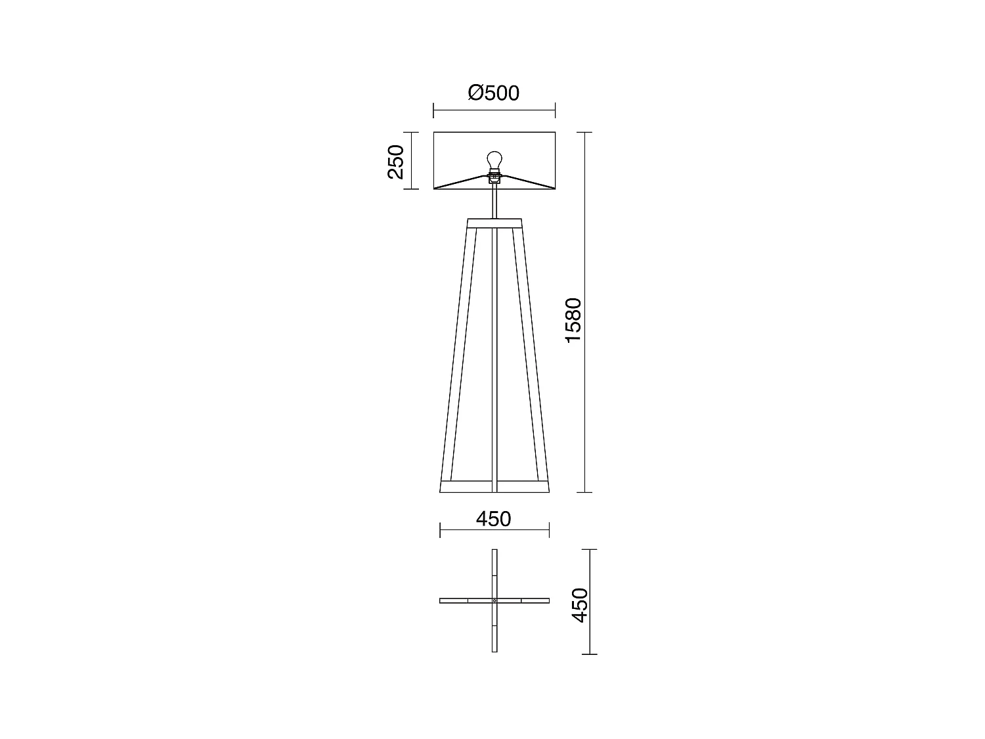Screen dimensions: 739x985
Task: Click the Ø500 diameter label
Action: [x=494, y=93]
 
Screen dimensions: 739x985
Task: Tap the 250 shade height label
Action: [x=395, y=162]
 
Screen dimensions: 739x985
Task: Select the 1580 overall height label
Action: [x=573, y=320]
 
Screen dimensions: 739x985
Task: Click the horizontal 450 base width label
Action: [x=493, y=519]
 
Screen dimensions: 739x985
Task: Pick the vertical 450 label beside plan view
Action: [x=579, y=605]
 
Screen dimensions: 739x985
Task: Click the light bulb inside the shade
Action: [x=494, y=160]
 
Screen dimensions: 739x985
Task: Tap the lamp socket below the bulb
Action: [x=494, y=175]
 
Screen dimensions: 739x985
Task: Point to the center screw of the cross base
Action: [x=494, y=600]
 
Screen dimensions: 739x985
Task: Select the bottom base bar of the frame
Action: [x=494, y=487]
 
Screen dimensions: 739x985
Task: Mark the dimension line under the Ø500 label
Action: [x=494, y=110]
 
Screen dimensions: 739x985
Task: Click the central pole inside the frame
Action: [x=494, y=355]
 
